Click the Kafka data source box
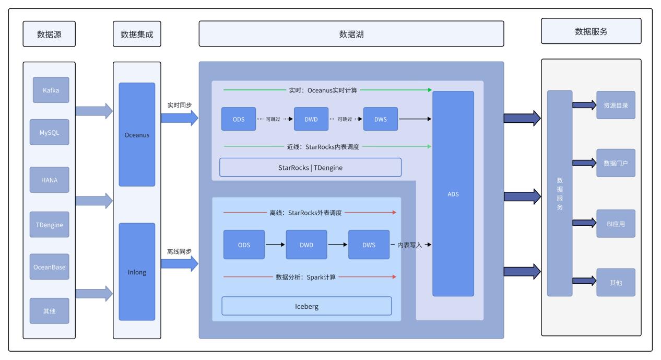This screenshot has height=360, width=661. click(x=51, y=90)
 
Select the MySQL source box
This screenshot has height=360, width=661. click(x=51, y=132)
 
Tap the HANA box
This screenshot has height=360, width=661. click(x=51, y=180)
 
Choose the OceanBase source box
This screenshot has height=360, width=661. click(x=51, y=266)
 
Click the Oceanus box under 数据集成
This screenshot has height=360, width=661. click(x=137, y=135)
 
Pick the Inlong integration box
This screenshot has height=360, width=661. click(x=137, y=272)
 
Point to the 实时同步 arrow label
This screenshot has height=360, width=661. click(x=179, y=105)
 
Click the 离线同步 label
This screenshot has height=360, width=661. click(x=179, y=251)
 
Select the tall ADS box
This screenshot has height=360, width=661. click(x=453, y=194)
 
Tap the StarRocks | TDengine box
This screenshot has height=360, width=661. click(x=310, y=167)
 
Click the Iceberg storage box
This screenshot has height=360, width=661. click(x=306, y=306)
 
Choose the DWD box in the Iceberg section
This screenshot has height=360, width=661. click(x=306, y=245)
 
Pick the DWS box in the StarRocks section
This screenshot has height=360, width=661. click(x=380, y=119)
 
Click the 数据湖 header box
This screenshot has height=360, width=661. click(x=351, y=34)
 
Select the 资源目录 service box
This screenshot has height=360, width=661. click(x=616, y=105)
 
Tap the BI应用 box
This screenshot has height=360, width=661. click(x=616, y=224)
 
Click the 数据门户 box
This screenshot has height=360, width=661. click(x=616, y=163)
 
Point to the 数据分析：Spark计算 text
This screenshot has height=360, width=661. click(x=305, y=277)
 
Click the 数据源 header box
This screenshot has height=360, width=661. click(x=49, y=34)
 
